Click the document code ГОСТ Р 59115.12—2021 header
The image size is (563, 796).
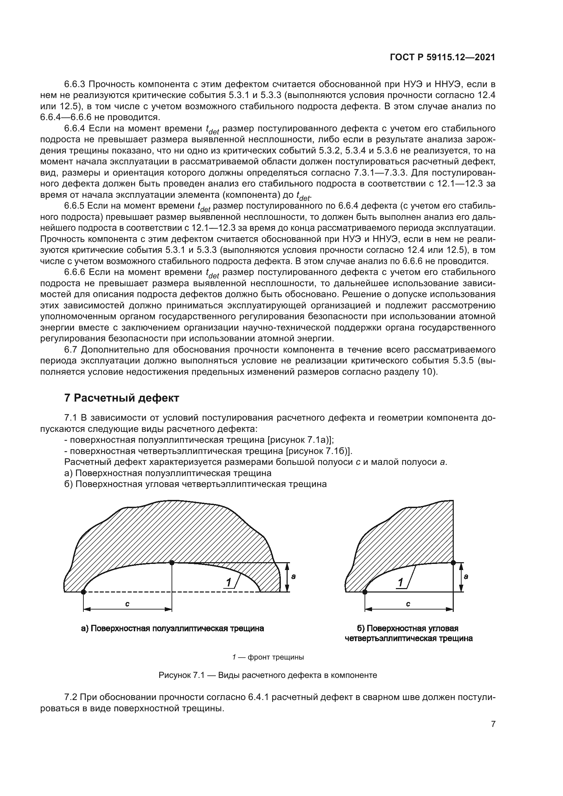pos(443,57)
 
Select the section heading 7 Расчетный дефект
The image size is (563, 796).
pos(121,397)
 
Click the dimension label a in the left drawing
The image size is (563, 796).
pos(293,576)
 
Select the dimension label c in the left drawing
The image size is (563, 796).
pos(127,604)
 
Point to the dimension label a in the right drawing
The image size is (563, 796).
pos(466,576)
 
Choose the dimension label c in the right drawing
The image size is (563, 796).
pos(408,604)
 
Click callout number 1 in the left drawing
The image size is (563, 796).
pos(229,582)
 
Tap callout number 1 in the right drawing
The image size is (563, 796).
pos(401,582)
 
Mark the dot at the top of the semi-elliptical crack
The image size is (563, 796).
pos(172,562)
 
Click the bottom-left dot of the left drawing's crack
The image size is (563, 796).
pos(83,592)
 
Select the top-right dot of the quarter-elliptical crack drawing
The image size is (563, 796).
pos(453,562)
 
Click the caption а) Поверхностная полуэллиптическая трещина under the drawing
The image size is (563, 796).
pos(172,628)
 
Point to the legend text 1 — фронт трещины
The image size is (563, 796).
pos(268,657)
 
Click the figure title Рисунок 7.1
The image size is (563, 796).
pos(268,675)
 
